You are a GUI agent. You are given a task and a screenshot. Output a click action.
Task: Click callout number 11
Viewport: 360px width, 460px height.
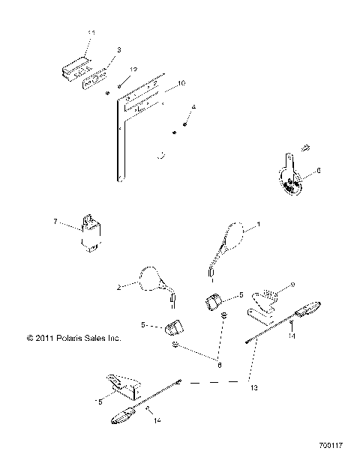point(91,34)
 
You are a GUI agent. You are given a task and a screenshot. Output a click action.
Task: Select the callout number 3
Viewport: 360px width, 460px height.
point(118,50)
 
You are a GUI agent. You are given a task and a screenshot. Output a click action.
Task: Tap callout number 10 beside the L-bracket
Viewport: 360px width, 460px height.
point(181,84)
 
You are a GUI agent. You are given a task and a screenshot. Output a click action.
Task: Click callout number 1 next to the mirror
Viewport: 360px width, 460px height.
point(259,225)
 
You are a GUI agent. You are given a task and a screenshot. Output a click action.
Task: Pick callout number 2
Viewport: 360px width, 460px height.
point(118,288)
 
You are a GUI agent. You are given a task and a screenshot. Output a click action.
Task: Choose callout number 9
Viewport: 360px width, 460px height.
point(292,285)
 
